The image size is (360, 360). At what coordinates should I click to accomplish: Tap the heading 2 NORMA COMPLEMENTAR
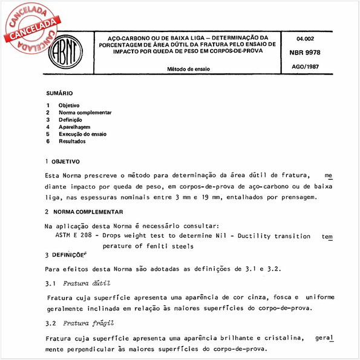point(88,212)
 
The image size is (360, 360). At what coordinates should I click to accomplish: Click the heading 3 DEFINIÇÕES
point(68,255)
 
